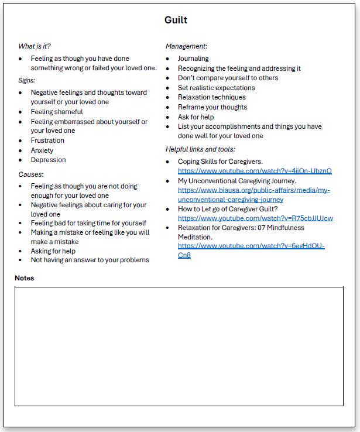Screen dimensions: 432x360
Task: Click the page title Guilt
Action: click(176, 20)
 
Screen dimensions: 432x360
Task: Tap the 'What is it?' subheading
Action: click(39, 46)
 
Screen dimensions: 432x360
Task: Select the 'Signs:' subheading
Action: click(27, 80)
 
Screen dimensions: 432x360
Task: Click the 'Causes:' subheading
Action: click(31, 174)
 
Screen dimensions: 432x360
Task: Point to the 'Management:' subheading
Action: click(186, 46)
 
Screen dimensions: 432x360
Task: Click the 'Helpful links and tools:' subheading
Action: click(200, 149)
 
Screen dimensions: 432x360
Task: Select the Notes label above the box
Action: click(25, 278)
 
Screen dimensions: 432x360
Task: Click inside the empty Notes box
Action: click(179, 345)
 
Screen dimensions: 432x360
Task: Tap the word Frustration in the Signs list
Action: click(47, 140)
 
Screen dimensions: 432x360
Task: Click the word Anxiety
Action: click(42, 150)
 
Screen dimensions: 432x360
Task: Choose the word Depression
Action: click(48, 160)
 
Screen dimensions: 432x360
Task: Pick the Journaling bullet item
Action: click(193, 59)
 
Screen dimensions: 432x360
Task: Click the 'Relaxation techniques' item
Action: click(212, 97)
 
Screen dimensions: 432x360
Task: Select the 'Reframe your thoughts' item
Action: click(212, 107)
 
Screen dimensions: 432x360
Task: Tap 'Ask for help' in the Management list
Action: click(196, 117)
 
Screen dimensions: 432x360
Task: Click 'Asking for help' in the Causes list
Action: click(53, 251)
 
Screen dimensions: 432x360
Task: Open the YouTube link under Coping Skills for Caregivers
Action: click(255, 171)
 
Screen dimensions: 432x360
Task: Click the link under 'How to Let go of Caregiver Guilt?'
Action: click(255, 218)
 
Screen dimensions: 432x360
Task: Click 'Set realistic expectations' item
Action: click(217, 88)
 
